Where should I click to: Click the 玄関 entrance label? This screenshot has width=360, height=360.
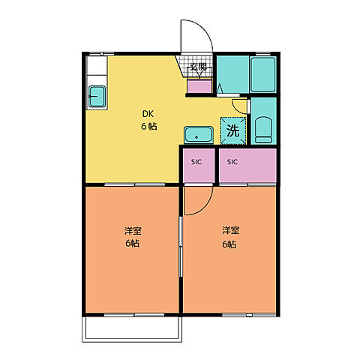click(x=198, y=67)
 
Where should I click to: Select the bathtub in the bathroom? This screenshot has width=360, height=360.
click(x=262, y=75)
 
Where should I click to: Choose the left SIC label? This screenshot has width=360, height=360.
click(x=196, y=162)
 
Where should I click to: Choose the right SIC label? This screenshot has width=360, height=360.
click(x=232, y=162)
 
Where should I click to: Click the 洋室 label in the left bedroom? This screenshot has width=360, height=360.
click(x=133, y=229)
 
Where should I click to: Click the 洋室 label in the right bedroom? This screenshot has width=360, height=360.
click(x=229, y=229)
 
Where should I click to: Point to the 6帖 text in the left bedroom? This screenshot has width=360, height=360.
click(x=133, y=244)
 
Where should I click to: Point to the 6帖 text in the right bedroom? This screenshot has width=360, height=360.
click(x=229, y=244)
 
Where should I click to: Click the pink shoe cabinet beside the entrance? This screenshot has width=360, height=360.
click(x=199, y=86)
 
